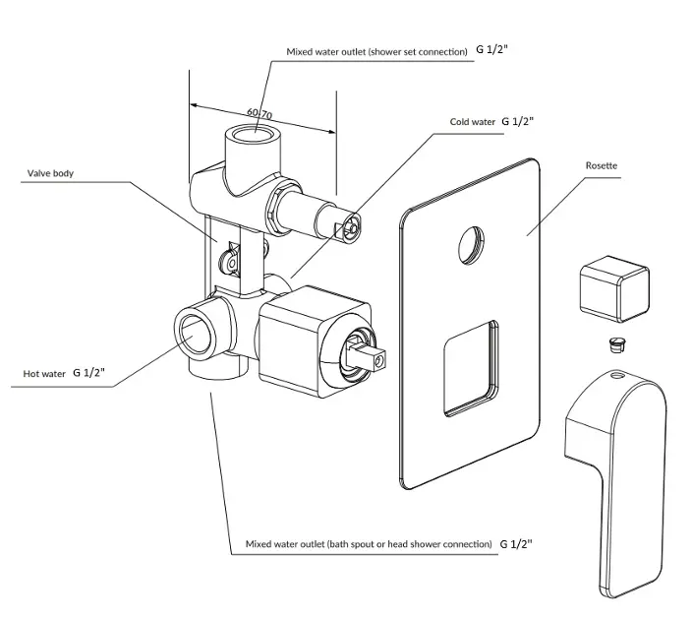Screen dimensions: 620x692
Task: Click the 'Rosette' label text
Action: point(601,166)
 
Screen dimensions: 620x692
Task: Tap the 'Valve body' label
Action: point(50,173)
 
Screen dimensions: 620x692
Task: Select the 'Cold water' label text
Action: point(472,122)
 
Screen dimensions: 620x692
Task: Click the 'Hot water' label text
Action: point(44,374)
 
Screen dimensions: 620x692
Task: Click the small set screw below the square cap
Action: point(612,344)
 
